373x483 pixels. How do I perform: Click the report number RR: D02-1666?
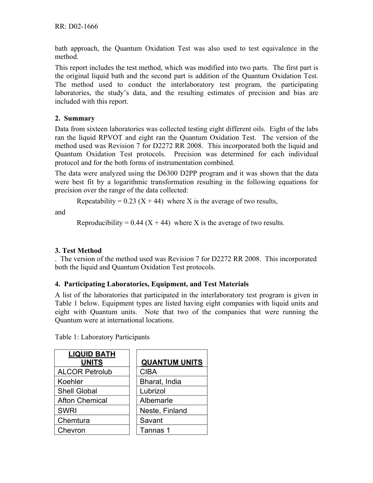point(77,27)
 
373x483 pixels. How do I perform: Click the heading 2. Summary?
point(75,118)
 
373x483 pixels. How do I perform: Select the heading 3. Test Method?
point(78,251)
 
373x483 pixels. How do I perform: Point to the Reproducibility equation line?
point(180,223)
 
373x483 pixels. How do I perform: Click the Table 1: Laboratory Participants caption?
point(102,337)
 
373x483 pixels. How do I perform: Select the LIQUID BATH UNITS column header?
point(92,358)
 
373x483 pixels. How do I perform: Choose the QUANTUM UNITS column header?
point(172,362)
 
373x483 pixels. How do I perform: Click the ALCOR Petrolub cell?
point(85,371)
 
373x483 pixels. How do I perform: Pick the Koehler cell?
point(70,381)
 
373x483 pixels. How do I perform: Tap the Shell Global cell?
point(77,391)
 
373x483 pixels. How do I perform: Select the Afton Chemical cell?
point(82,401)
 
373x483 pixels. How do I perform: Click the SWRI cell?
point(67,410)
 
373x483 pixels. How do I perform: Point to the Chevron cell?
point(71,430)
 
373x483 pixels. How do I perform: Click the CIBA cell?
point(148,371)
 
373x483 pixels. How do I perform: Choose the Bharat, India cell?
point(161,381)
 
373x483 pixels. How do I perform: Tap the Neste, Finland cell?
point(163,410)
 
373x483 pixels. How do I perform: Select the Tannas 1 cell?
point(155,430)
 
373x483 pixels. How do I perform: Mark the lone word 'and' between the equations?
point(60,212)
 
